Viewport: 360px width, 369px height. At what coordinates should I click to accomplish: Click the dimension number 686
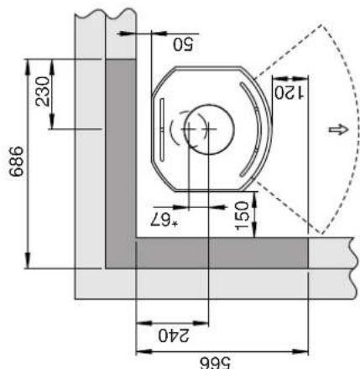click(x=17, y=161)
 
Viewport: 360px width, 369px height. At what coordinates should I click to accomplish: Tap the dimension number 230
click(x=43, y=91)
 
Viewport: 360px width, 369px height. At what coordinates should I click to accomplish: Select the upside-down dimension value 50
click(x=183, y=44)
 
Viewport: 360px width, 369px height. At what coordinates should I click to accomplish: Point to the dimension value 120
click(x=289, y=92)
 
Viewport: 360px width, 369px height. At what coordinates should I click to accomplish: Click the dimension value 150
click(x=243, y=216)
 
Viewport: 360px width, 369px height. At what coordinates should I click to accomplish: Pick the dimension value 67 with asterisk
click(x=164, y=221)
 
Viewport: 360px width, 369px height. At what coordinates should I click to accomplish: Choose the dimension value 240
click(x=174, y=335)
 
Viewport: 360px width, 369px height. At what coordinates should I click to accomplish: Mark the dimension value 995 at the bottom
click(x=215, y=363)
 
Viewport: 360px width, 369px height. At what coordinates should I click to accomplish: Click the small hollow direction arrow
click(x=338, y=130)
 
